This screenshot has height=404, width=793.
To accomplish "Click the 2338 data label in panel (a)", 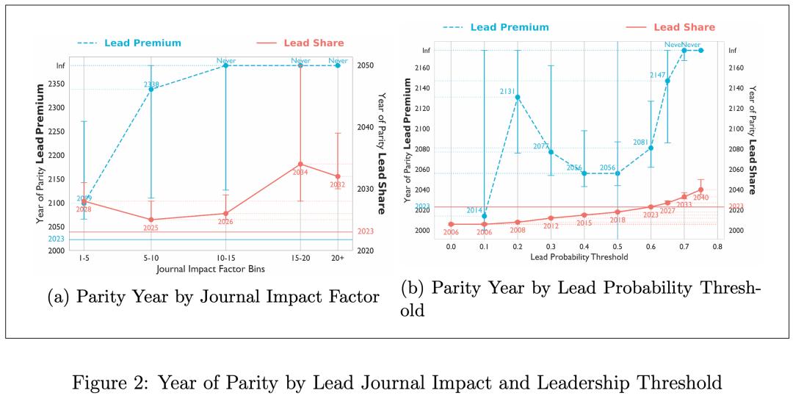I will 151,84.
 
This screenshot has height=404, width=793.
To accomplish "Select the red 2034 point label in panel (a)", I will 300,173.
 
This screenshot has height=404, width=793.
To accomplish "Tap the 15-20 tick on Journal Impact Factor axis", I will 300,259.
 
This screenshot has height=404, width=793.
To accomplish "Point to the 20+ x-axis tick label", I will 338,259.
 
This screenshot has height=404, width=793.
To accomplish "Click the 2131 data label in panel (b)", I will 507,92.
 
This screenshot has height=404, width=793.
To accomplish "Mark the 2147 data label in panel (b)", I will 658,75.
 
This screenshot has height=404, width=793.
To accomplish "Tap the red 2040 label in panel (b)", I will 700,198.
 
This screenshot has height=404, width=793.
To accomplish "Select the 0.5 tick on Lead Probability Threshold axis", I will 618,246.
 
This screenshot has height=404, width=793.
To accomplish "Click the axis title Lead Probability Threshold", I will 581,258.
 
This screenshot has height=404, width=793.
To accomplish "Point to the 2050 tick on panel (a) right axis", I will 365,65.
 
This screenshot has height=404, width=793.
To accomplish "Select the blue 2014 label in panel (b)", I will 474,210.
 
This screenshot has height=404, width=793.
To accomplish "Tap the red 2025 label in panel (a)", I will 151,228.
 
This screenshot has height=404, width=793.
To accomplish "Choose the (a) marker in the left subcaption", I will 58,297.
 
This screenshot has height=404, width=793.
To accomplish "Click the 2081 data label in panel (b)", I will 640,143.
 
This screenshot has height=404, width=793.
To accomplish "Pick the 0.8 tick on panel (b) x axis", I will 717,246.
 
